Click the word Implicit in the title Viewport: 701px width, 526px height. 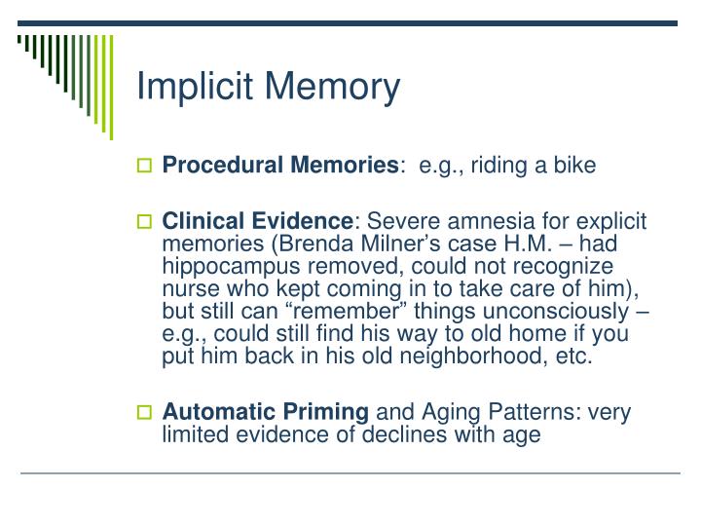pyautogui.click(x=192, y=87)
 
